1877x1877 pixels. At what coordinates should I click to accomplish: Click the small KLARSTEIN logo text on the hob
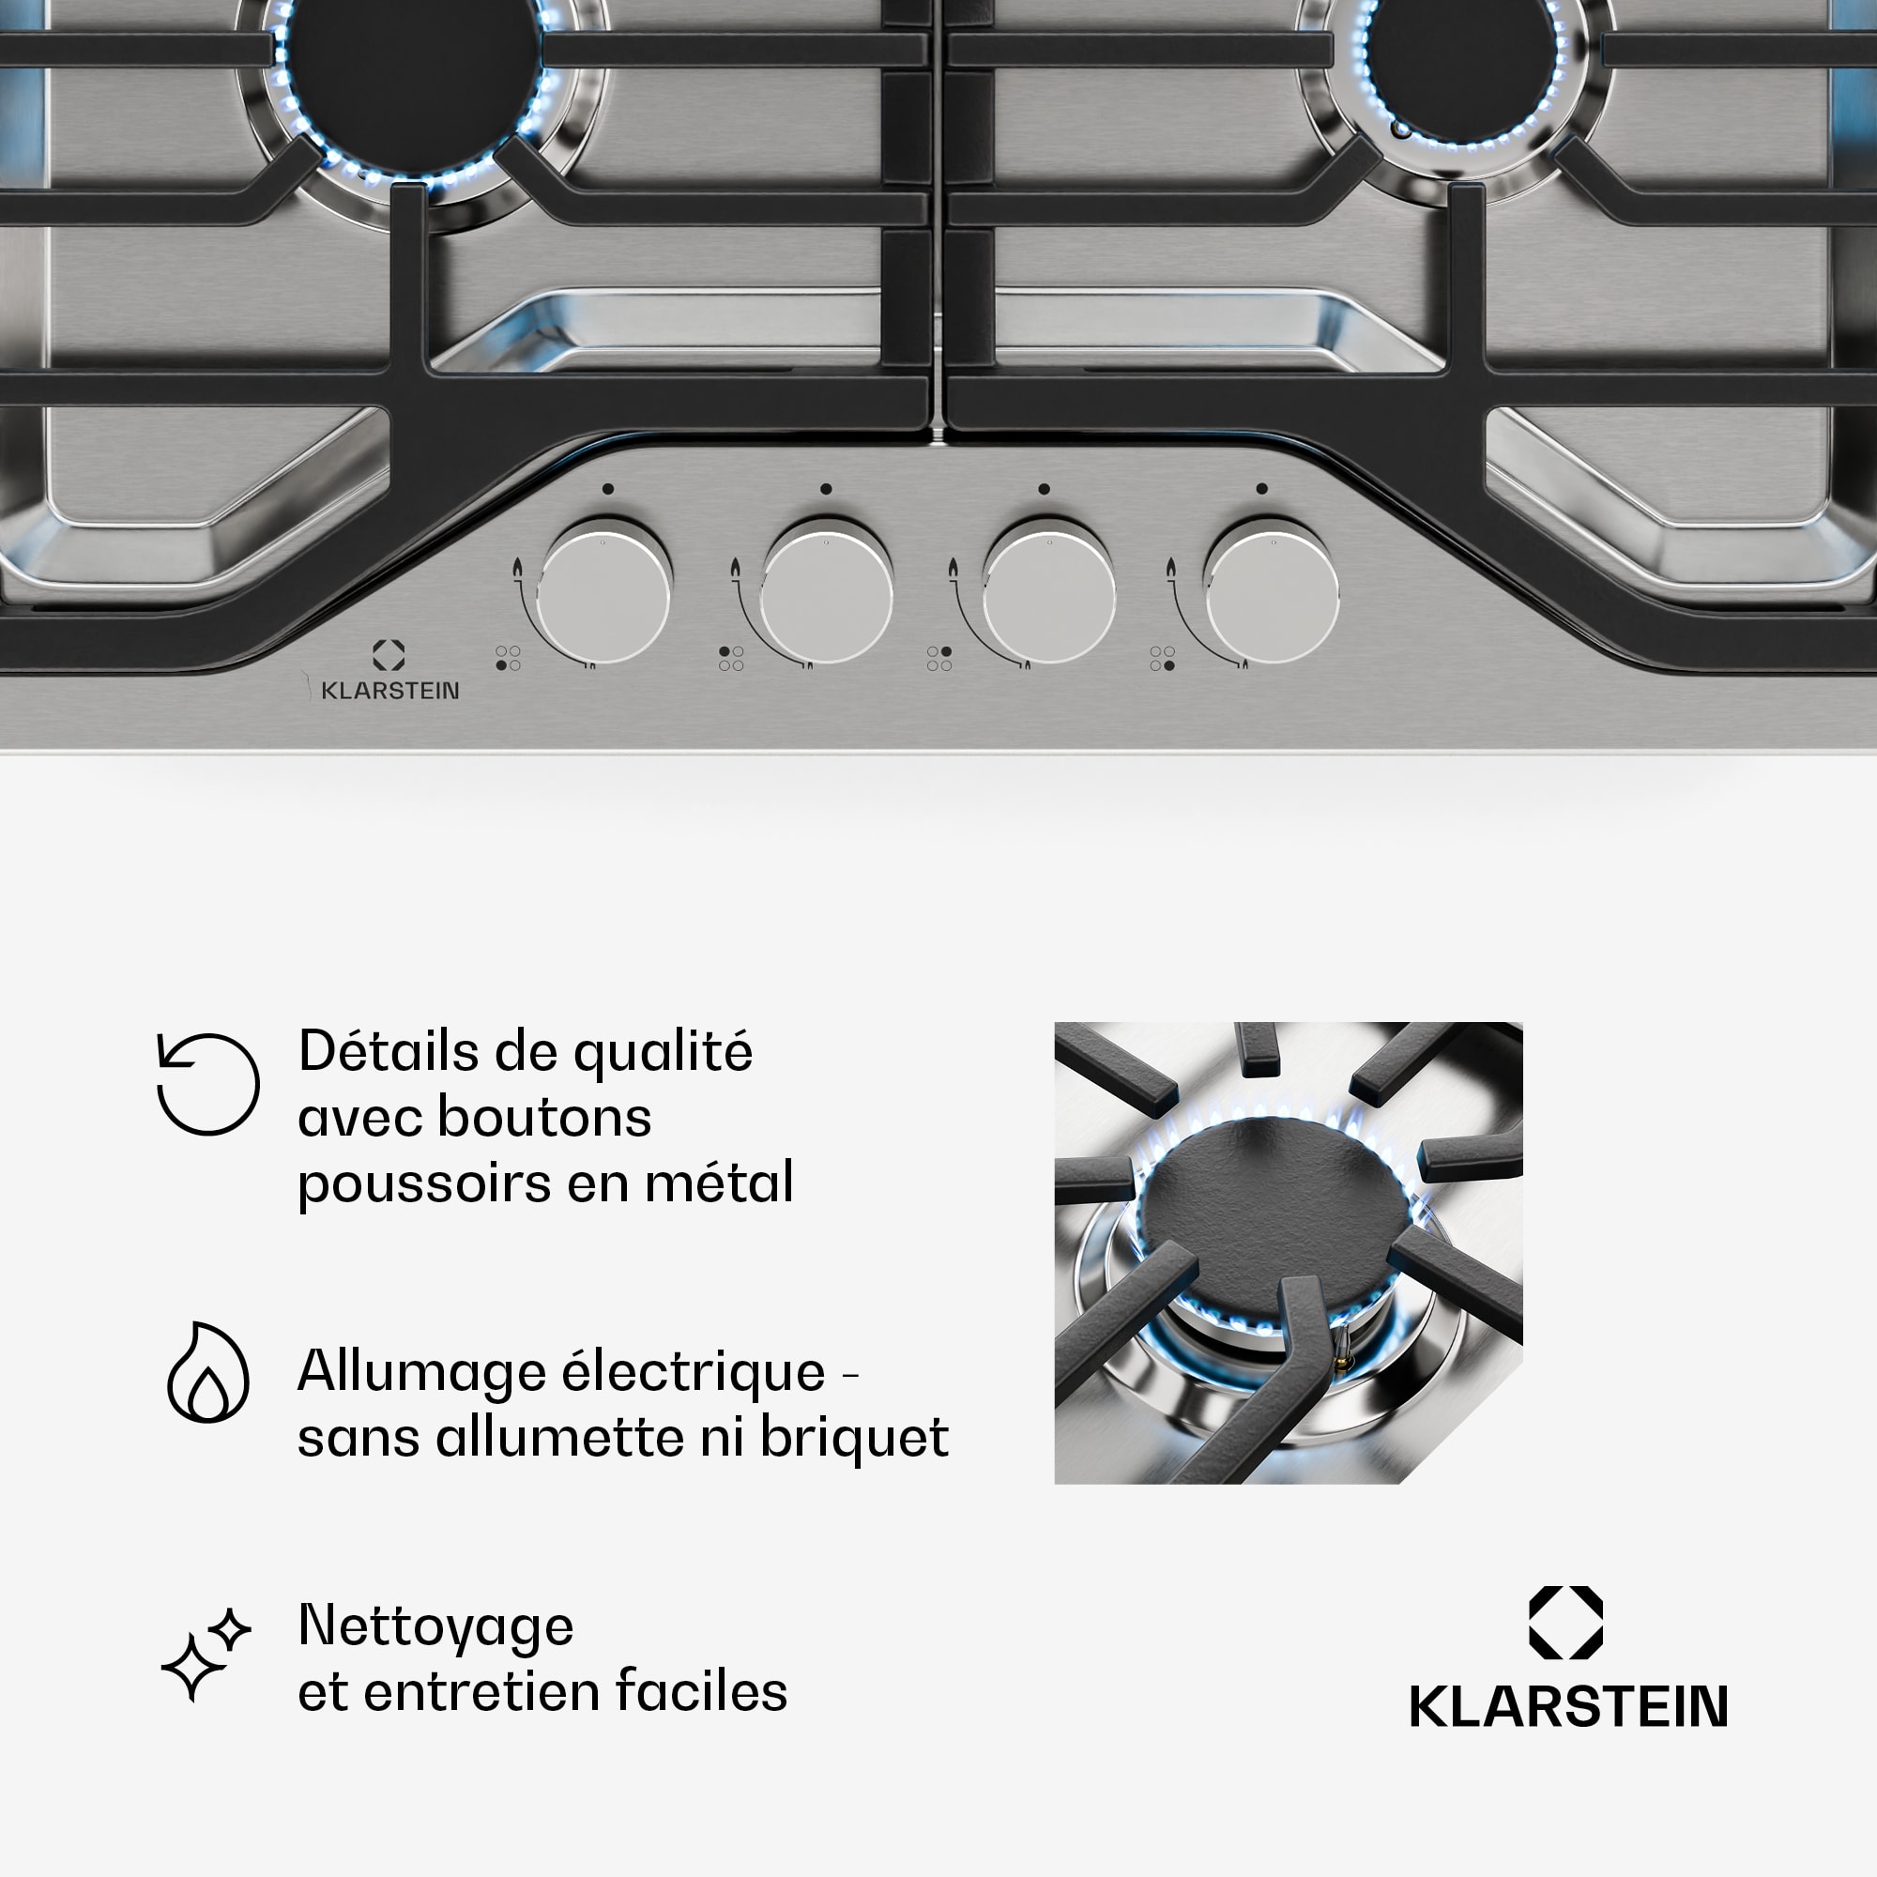389,691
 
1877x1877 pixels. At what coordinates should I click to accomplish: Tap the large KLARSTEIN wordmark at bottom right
1568,1707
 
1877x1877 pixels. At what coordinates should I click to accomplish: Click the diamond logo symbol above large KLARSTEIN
1566,1623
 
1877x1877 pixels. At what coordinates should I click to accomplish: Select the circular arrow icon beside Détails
208,1083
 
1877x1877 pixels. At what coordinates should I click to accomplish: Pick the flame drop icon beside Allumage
208,1372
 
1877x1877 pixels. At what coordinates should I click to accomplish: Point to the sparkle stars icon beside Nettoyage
206,1655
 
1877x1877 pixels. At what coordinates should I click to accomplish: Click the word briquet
854,1438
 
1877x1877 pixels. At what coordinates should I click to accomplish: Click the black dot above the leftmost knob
607,489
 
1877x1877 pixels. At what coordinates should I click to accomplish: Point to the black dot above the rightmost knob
1261,489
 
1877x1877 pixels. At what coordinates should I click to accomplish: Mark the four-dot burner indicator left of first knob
508,658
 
